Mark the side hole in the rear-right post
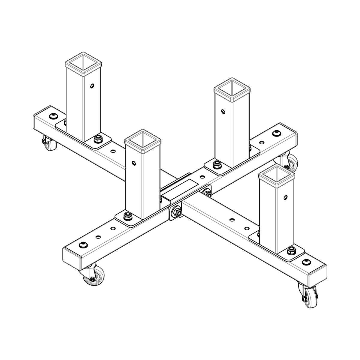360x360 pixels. click(223, 112)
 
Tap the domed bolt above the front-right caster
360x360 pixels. click(306, 262)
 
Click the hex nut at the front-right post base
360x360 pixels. click(290, 250)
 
